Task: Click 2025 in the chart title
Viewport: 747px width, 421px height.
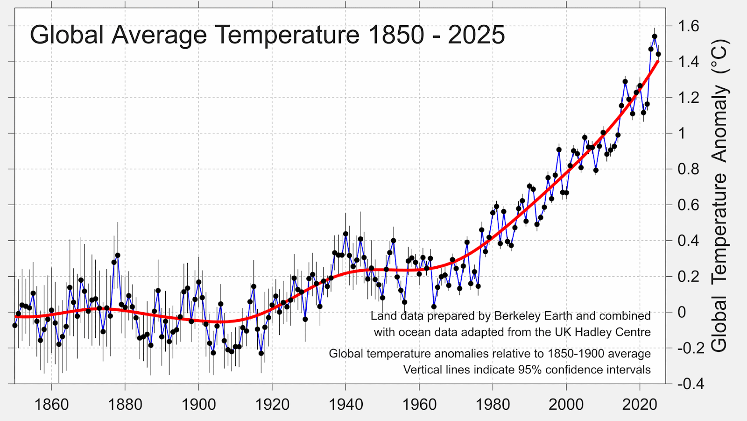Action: (476, 35)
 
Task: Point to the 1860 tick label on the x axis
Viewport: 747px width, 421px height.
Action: (51, 404)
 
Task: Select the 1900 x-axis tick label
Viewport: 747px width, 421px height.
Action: (198, 404)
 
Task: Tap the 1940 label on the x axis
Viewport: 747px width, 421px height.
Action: (345, 404)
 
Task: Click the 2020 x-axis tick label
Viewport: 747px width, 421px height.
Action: (640, 404)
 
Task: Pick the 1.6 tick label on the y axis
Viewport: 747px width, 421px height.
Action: (688, 26)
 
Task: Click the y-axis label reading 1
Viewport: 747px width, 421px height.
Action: (682, 133)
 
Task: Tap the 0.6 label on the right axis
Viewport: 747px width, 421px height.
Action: (688, 205)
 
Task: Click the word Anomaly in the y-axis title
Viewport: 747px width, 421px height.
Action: (719, 124)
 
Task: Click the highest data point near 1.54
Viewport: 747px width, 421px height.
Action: (655, 36)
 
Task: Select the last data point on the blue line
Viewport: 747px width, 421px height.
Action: (658, 54)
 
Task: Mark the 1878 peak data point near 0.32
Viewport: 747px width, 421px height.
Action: (118, 256)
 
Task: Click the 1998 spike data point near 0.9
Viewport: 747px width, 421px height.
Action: (559, 150)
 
